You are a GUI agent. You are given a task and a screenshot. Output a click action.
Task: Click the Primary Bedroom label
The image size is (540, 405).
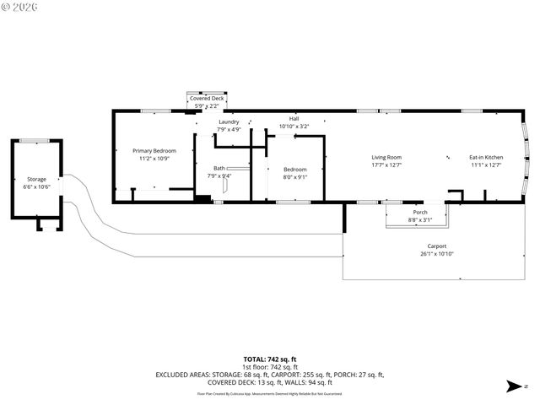point(154,150)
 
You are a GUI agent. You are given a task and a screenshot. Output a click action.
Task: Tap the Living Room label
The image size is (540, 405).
point(386,157)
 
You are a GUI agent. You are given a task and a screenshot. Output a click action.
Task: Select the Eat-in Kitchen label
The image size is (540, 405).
point(486,157)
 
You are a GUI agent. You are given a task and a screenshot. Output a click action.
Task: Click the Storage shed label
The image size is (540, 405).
point(36,179)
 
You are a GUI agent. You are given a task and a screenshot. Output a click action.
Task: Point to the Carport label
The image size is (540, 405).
point(436,246)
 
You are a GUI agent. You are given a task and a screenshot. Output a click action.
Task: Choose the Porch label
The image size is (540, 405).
point(419,213)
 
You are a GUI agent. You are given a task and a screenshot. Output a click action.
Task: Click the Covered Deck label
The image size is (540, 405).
point(207,99)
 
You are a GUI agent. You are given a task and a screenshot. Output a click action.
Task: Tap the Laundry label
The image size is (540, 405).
point(229,122)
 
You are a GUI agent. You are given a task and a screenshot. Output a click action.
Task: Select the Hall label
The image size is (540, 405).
point(294,119)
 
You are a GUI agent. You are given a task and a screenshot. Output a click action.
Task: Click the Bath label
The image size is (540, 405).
point(219,168)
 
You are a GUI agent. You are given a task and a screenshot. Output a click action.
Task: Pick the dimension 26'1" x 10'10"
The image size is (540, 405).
point(436,254)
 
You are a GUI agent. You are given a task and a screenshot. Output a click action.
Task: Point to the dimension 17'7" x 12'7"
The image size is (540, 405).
point(386,165)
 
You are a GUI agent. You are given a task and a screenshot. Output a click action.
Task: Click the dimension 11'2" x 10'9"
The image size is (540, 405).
point(154,159)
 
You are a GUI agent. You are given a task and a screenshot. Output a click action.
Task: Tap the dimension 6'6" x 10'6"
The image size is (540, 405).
point(36,186)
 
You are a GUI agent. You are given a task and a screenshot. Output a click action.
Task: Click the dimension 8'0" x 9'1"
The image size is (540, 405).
point(294,176)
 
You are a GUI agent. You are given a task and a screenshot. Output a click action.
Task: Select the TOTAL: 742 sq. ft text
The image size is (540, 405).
point(269,359)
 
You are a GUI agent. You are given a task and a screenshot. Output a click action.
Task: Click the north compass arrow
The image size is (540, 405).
point(512,386)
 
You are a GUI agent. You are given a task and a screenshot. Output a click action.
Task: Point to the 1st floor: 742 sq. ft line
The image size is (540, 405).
point(269,367)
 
